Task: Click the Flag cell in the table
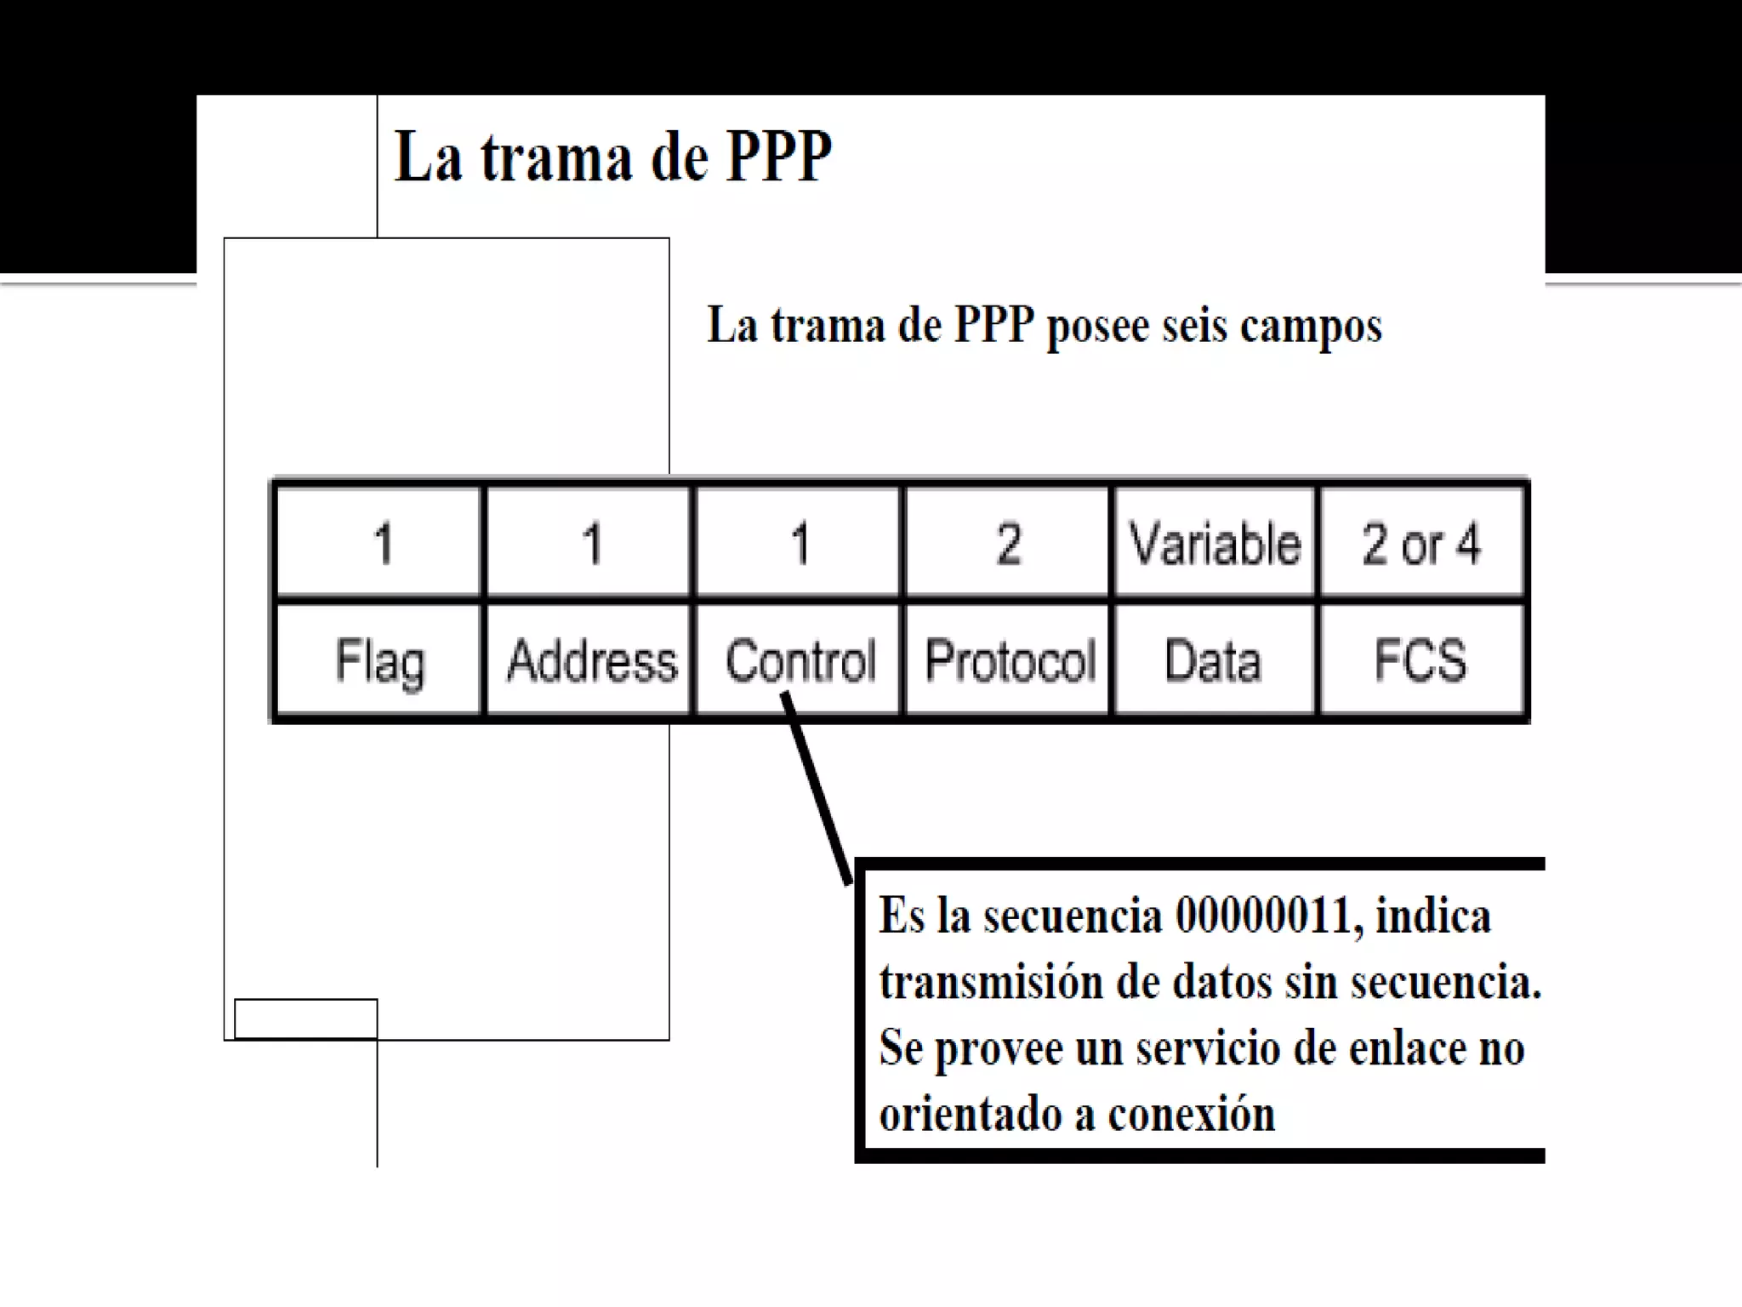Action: (x=379, y=660)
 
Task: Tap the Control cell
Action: (x=800, y=660)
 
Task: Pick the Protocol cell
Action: (x=1010, y=660)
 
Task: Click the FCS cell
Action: (x=1420, y=660)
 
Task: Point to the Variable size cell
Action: (x=1215, y=543)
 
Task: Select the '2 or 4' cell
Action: (x=1420, y=543)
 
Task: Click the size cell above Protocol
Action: (x=1009, y=543)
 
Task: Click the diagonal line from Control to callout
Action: (x=817, y=788)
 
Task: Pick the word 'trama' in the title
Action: (x=556, y=158)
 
